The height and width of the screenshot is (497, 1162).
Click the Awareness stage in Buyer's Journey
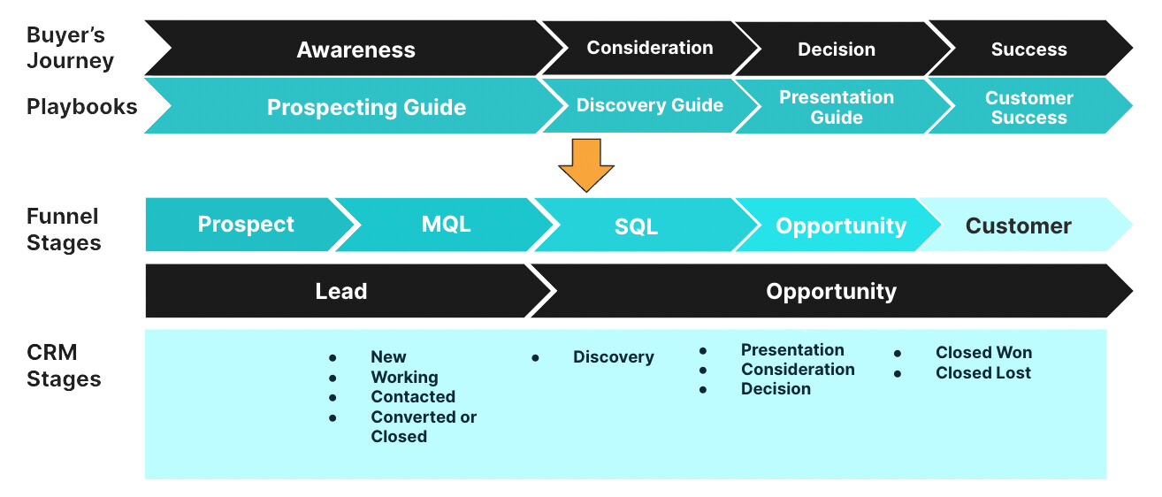click(355, 50)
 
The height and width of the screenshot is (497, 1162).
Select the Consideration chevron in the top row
click(649, 48)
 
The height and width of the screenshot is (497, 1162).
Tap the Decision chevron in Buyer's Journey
click(836, 50)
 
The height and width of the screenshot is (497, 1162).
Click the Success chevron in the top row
click(1028, 50)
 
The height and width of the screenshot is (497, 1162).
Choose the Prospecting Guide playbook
click(366, 107)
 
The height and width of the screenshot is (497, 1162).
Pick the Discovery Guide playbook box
click(649, 105)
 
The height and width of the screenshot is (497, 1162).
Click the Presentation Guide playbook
click(836, 107)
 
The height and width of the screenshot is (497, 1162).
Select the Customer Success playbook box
click(1028, 107)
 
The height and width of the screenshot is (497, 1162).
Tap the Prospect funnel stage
click(246, 225)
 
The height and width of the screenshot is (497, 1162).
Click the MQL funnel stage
click(446, 225)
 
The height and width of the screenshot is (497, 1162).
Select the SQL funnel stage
click(636, 226)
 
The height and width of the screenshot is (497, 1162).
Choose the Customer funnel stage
click(1018, 226)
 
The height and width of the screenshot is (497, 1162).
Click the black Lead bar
click(341, 291)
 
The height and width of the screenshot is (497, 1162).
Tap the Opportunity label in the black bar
click(830, 291)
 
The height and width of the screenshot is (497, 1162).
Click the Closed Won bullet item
click(983, 353)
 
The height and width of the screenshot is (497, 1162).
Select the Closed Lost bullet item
click(982, 373)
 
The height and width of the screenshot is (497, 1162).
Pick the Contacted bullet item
click(413, 397)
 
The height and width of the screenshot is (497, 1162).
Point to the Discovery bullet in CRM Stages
click(613, 357)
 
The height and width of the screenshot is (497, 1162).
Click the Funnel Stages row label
click(64, 230)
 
